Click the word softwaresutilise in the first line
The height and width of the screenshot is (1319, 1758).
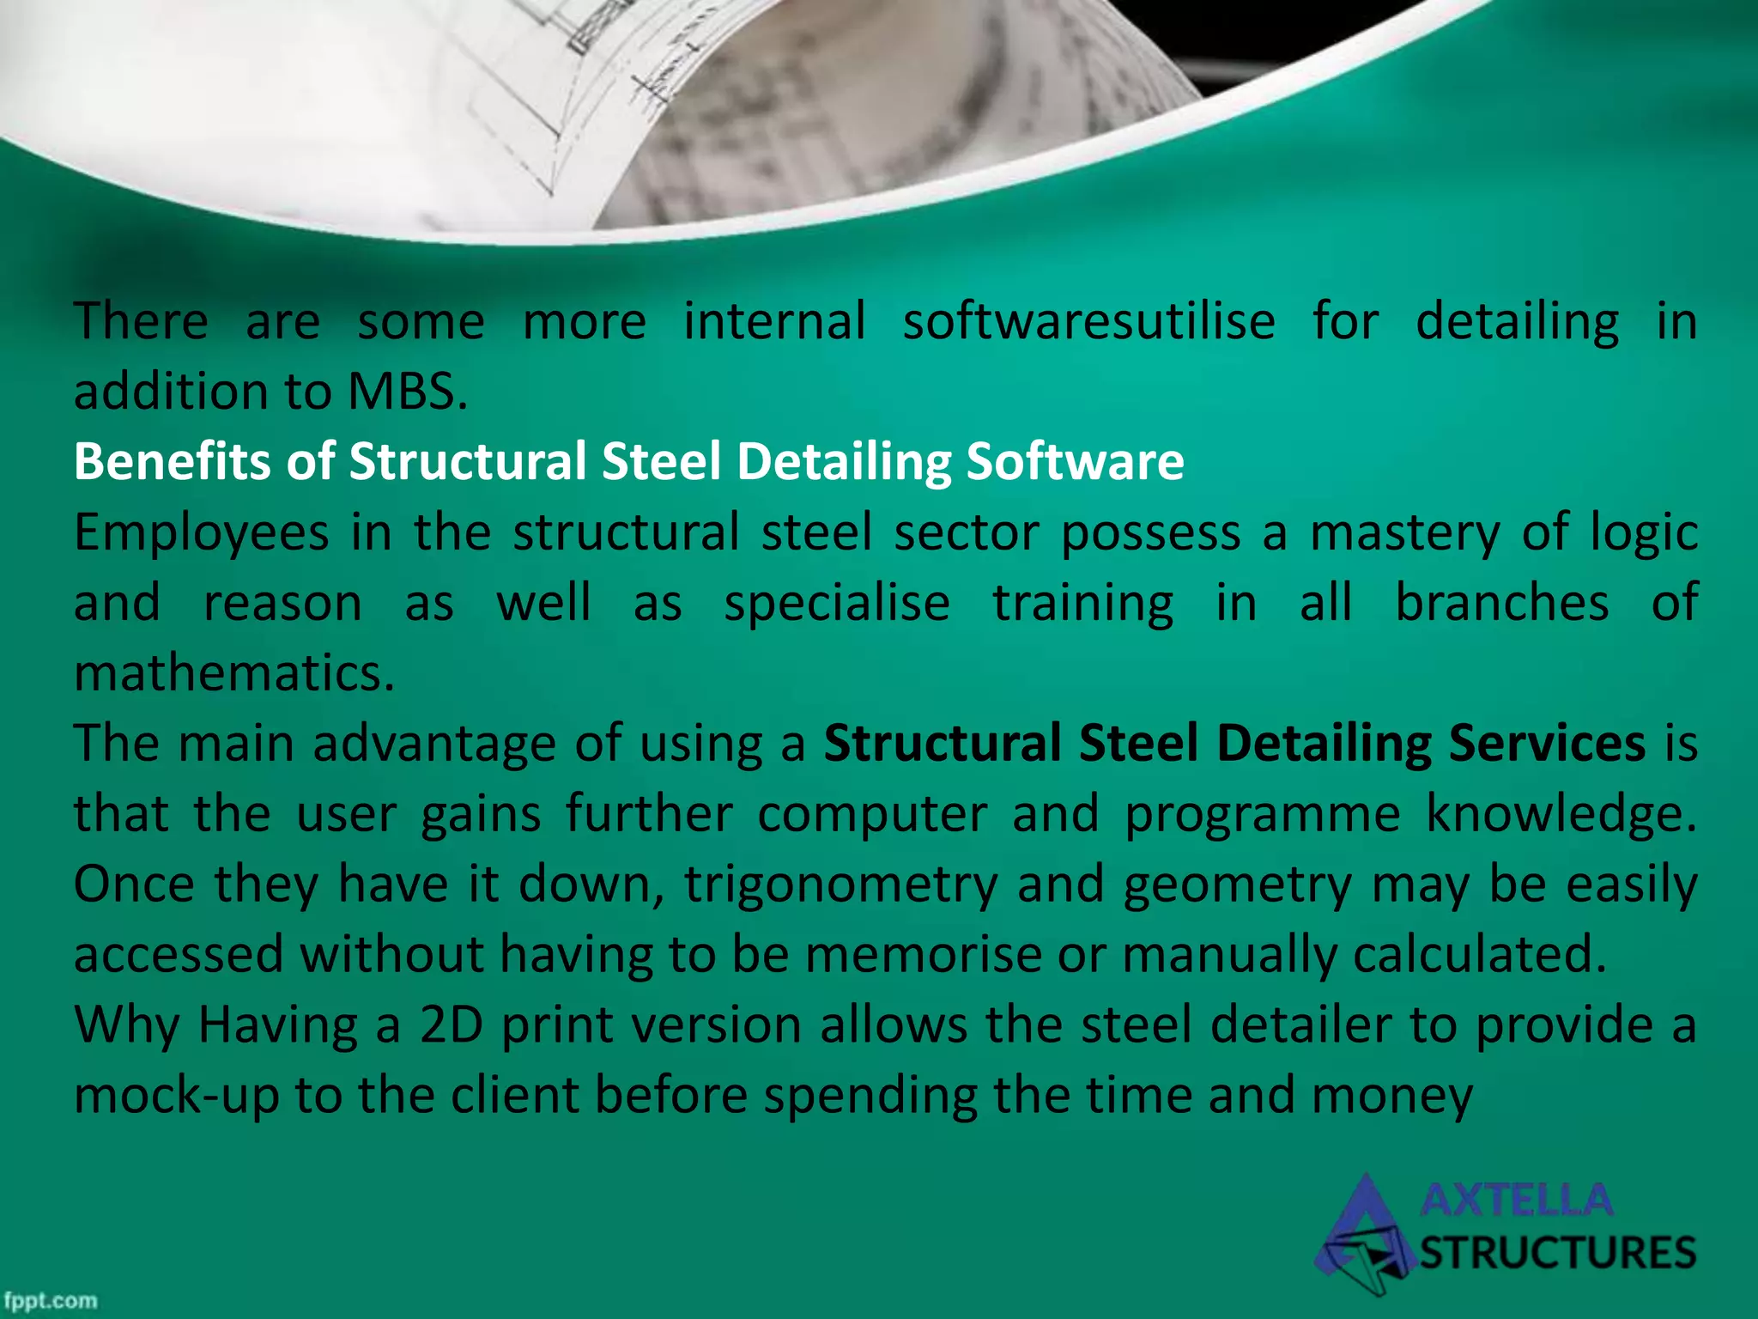pyautogui.click(x=1088, y=323)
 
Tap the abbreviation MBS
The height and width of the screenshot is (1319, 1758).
pyautogui.click(x=408, y=392)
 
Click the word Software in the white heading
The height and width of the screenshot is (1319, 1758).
pyautogui.click(x=1075, y=462)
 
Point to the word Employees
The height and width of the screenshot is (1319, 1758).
pyautogui.click(x=202, y=533)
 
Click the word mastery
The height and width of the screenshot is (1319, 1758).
pyautogui.click(x=1405, y=533)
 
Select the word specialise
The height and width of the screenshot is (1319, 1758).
pyautogui.click(x=837, y=604)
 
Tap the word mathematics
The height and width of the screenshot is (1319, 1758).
pyautogui.click(x=234, y=673)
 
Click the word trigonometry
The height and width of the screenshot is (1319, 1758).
pyautogui.click(x=841, y=884)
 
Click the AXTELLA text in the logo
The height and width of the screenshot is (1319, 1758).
pyautogui.click(x=1517, y=1200)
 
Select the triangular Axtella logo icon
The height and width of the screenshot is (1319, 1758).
pyautogui.click(x=1365, y=1237)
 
